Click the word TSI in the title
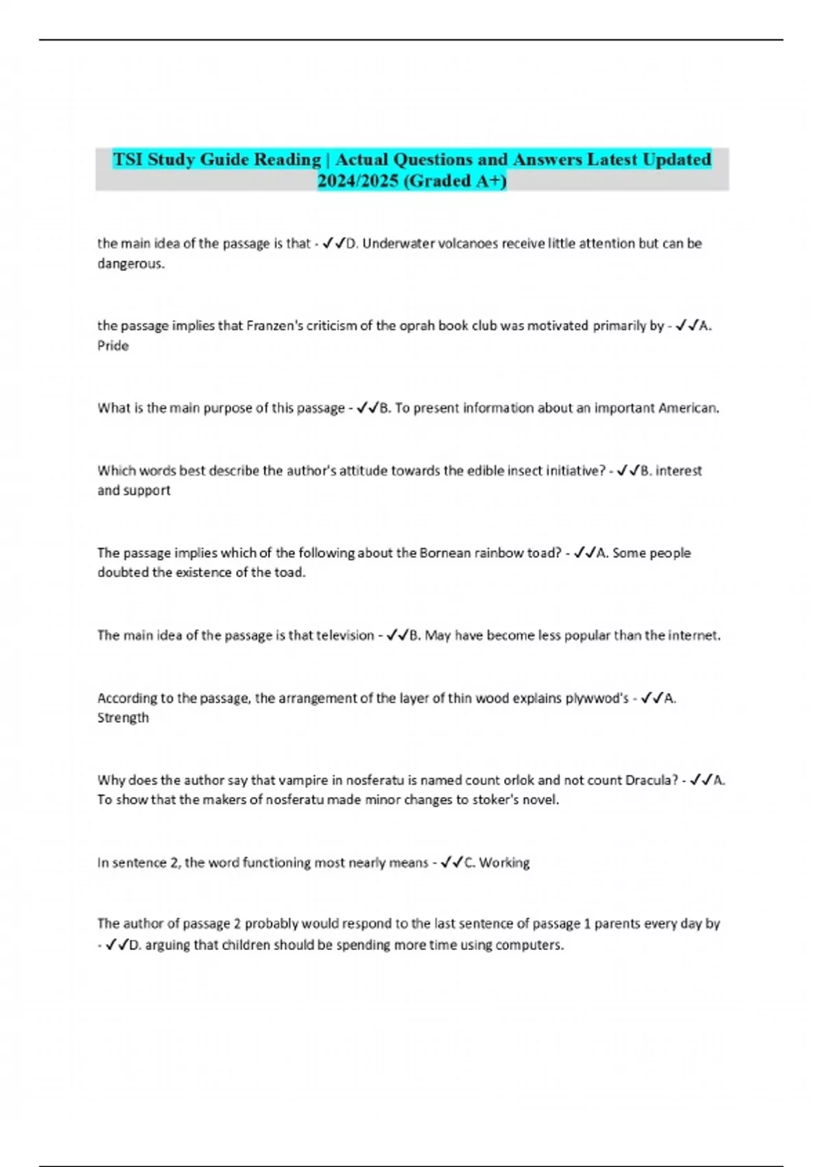pyautogui.click(x=128, y=159)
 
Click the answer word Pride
pyautogui.click(x=113, y=346)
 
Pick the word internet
pyautogui.click(x=692, y=636)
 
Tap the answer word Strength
pyautogui.click(x=123, y=718)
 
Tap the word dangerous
pyautogui.click(x=131, y=264)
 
